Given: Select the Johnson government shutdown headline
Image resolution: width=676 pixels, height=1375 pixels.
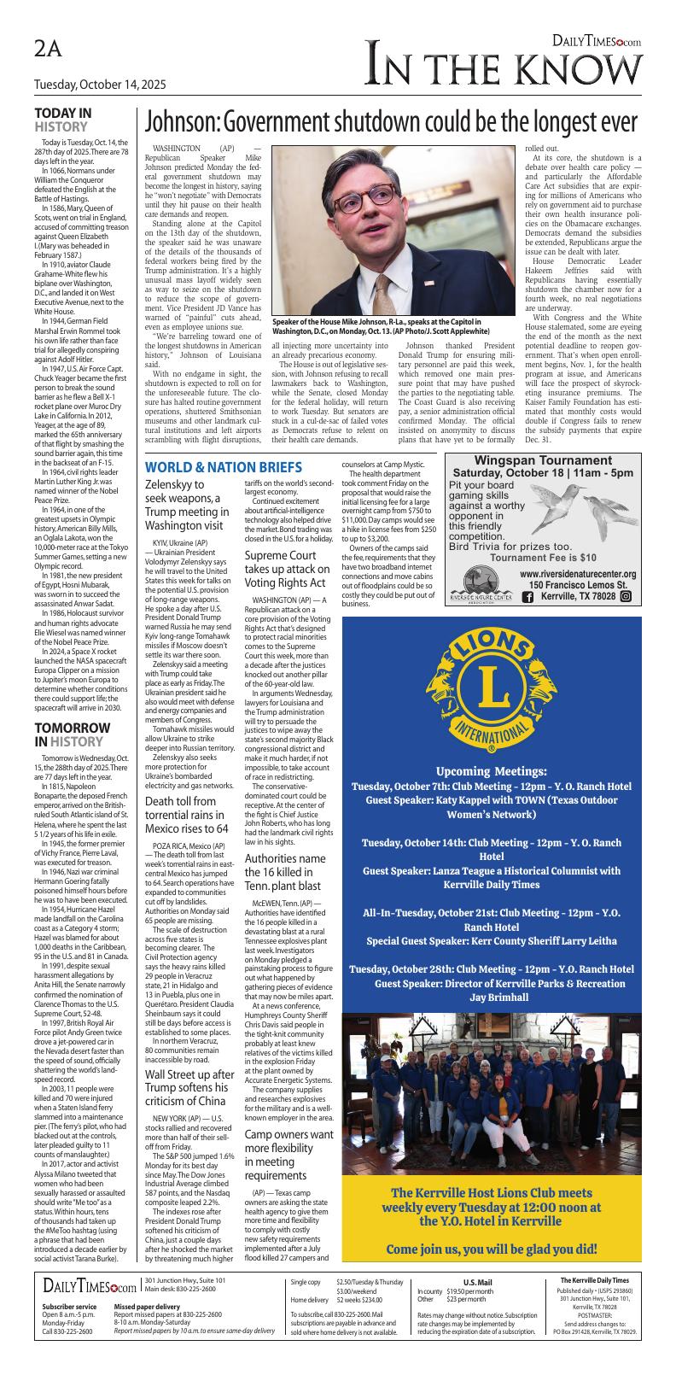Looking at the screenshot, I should click(x=391, y=121).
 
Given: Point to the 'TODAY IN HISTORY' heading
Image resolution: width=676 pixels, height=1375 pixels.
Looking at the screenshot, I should click(x=63, y=120).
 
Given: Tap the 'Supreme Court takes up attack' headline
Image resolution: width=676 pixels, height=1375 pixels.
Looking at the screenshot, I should click(x=287, y=569).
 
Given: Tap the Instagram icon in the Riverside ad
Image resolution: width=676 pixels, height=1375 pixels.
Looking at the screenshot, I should click(x=625, y=596).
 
